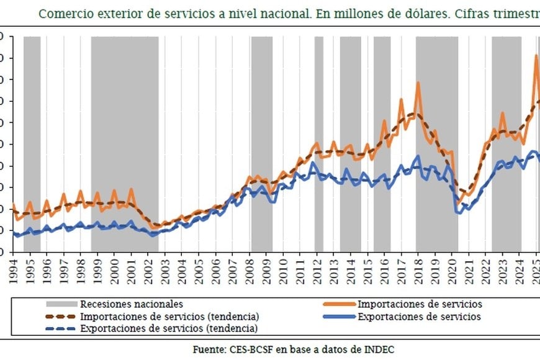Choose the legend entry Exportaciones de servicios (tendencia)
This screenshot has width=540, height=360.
[170, 328]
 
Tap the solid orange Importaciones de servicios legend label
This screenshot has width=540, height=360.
[420, 304]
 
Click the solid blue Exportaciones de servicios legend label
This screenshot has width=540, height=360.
[419, 316]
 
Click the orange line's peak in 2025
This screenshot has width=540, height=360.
[536, 56]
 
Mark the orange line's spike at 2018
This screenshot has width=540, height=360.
[418, 83]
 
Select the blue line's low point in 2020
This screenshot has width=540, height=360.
[459, 213]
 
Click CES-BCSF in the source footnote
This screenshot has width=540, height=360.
[248, 349]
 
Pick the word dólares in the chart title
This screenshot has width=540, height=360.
[423, 13]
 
